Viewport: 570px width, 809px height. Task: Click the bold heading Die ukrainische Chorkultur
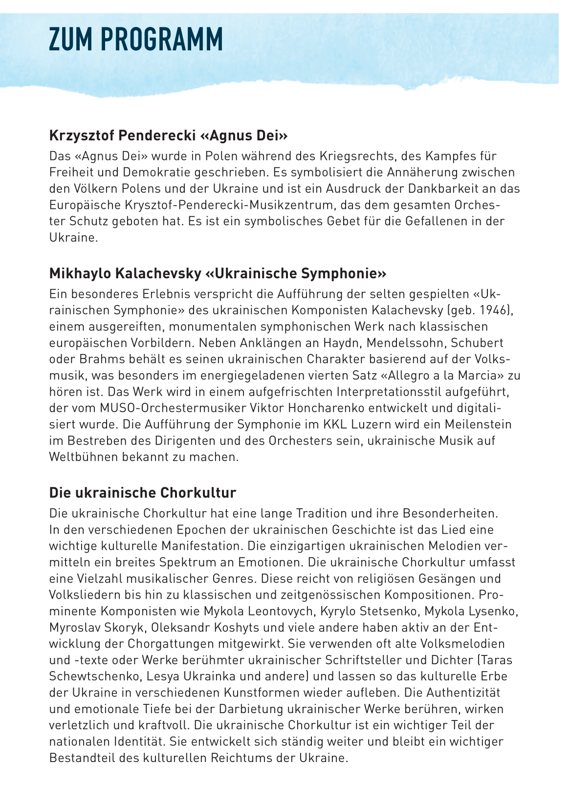[x=142, y=493]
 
